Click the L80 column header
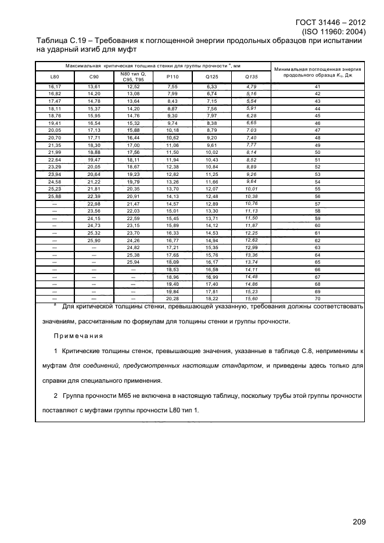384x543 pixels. click(x=55, y=76)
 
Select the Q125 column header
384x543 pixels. click(x=212, y=76)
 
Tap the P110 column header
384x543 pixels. click(x=173, y=76)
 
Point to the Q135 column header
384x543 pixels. click(x=251, y=76)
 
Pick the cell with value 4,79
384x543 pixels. click(x=251, y=86)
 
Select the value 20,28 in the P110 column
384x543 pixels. click(x=173, y=298)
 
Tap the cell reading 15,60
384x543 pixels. click(x=251, y=298)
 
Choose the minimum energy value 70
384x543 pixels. click(x=317, y=298)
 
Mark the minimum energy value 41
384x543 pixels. click(x=317, y=86)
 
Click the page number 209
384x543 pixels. click(x=359, y=522)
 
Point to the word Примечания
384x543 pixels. click(x=78, y=336)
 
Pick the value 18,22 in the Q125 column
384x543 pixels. click(x=212, y=298)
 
